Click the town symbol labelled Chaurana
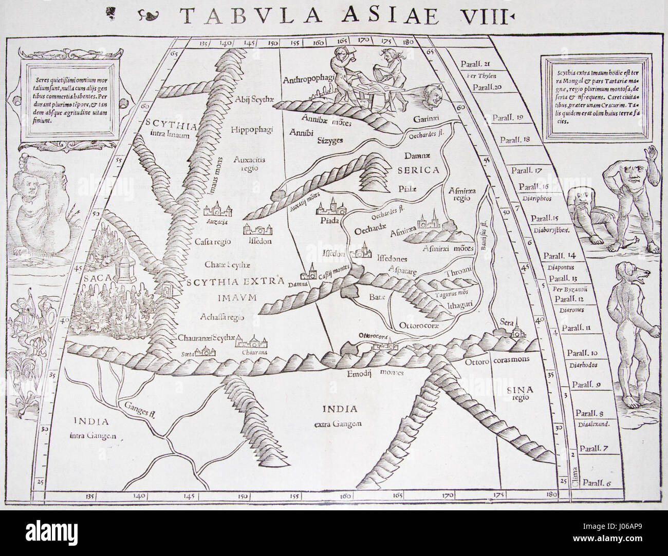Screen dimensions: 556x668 tap(252, 343)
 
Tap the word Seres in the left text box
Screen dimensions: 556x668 tap(43, 81)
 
